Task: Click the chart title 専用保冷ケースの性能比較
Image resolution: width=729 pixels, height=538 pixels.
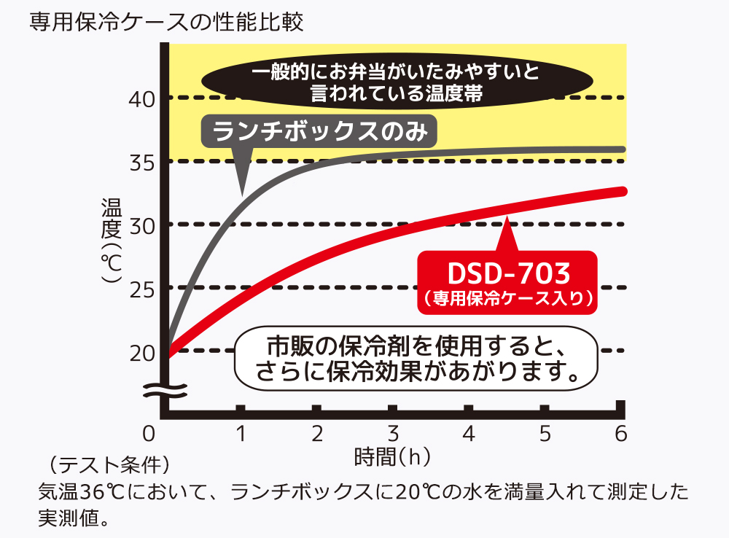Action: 166,20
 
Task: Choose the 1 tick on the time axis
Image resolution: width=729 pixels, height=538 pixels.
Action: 240,434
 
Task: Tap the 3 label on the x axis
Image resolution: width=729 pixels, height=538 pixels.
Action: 393,434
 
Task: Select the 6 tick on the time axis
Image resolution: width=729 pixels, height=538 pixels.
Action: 620,434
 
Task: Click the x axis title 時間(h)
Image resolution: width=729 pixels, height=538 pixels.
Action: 392,458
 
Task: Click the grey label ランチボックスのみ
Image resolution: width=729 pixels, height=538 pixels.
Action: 318,131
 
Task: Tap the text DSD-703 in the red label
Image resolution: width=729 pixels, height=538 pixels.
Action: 508,273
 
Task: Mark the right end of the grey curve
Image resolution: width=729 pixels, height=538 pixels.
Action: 623,149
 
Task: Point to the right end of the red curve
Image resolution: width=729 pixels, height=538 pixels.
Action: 623,191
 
